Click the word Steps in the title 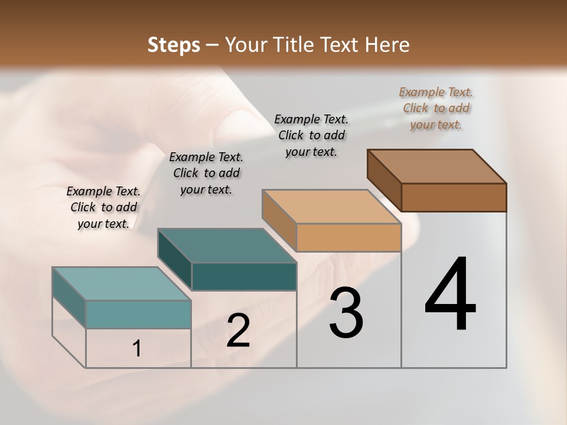tap(174, 45)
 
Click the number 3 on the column tap(346, 313)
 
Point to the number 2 tap(238, 331)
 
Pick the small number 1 tap(137, 349)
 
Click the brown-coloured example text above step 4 tap(436, 108)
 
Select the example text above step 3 tap(311, 135)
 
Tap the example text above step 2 tap(206, 173)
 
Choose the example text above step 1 tap(103, 207)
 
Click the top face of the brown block tap(437, 166)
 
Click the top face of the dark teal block tap(227, 246)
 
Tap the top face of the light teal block tap(122, 284)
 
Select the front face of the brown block tap(454, 197)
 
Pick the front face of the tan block tap(348, 238)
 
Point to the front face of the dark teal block tap(244, 276)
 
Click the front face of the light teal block tap(138, 314)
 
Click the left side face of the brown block tap(384, 179)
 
